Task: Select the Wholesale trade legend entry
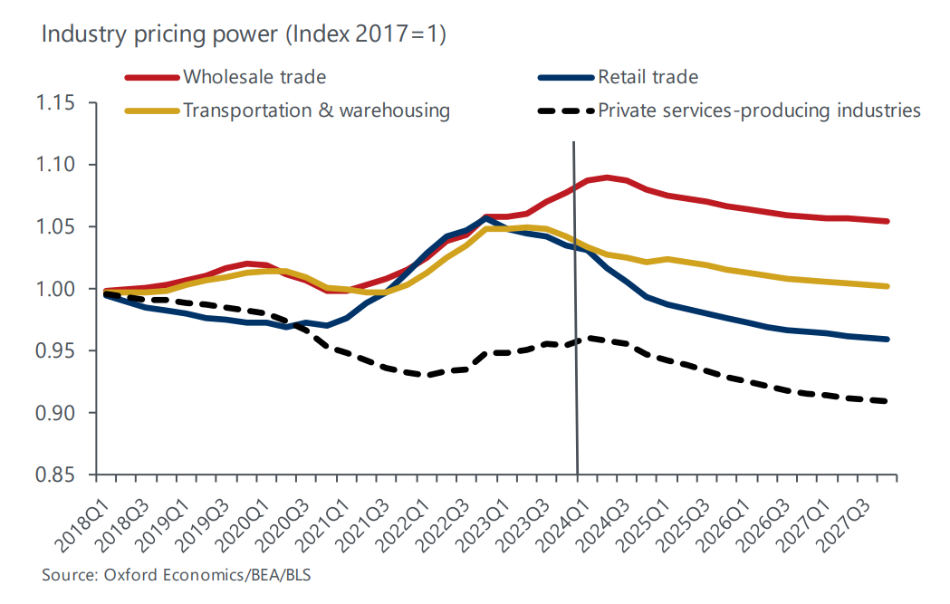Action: click(x=254, y=77)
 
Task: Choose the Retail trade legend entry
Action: click(x=648, y=77)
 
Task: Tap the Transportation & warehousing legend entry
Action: click(x=316, y=110)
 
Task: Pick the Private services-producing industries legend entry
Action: click(x=759, y=110)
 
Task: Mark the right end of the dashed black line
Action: click(x=887, y=401)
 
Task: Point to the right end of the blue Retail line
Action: click(x=887, y=340)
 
